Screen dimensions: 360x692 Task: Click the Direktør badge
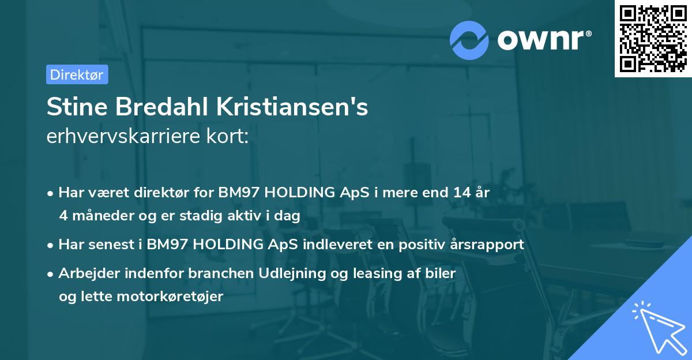click(77, 74)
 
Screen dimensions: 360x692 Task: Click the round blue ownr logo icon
click(469, 40)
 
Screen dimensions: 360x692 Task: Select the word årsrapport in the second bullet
click(490, 244)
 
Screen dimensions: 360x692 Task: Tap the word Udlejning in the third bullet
click(302, 273)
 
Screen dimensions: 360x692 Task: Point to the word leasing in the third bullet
click(381, 273)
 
